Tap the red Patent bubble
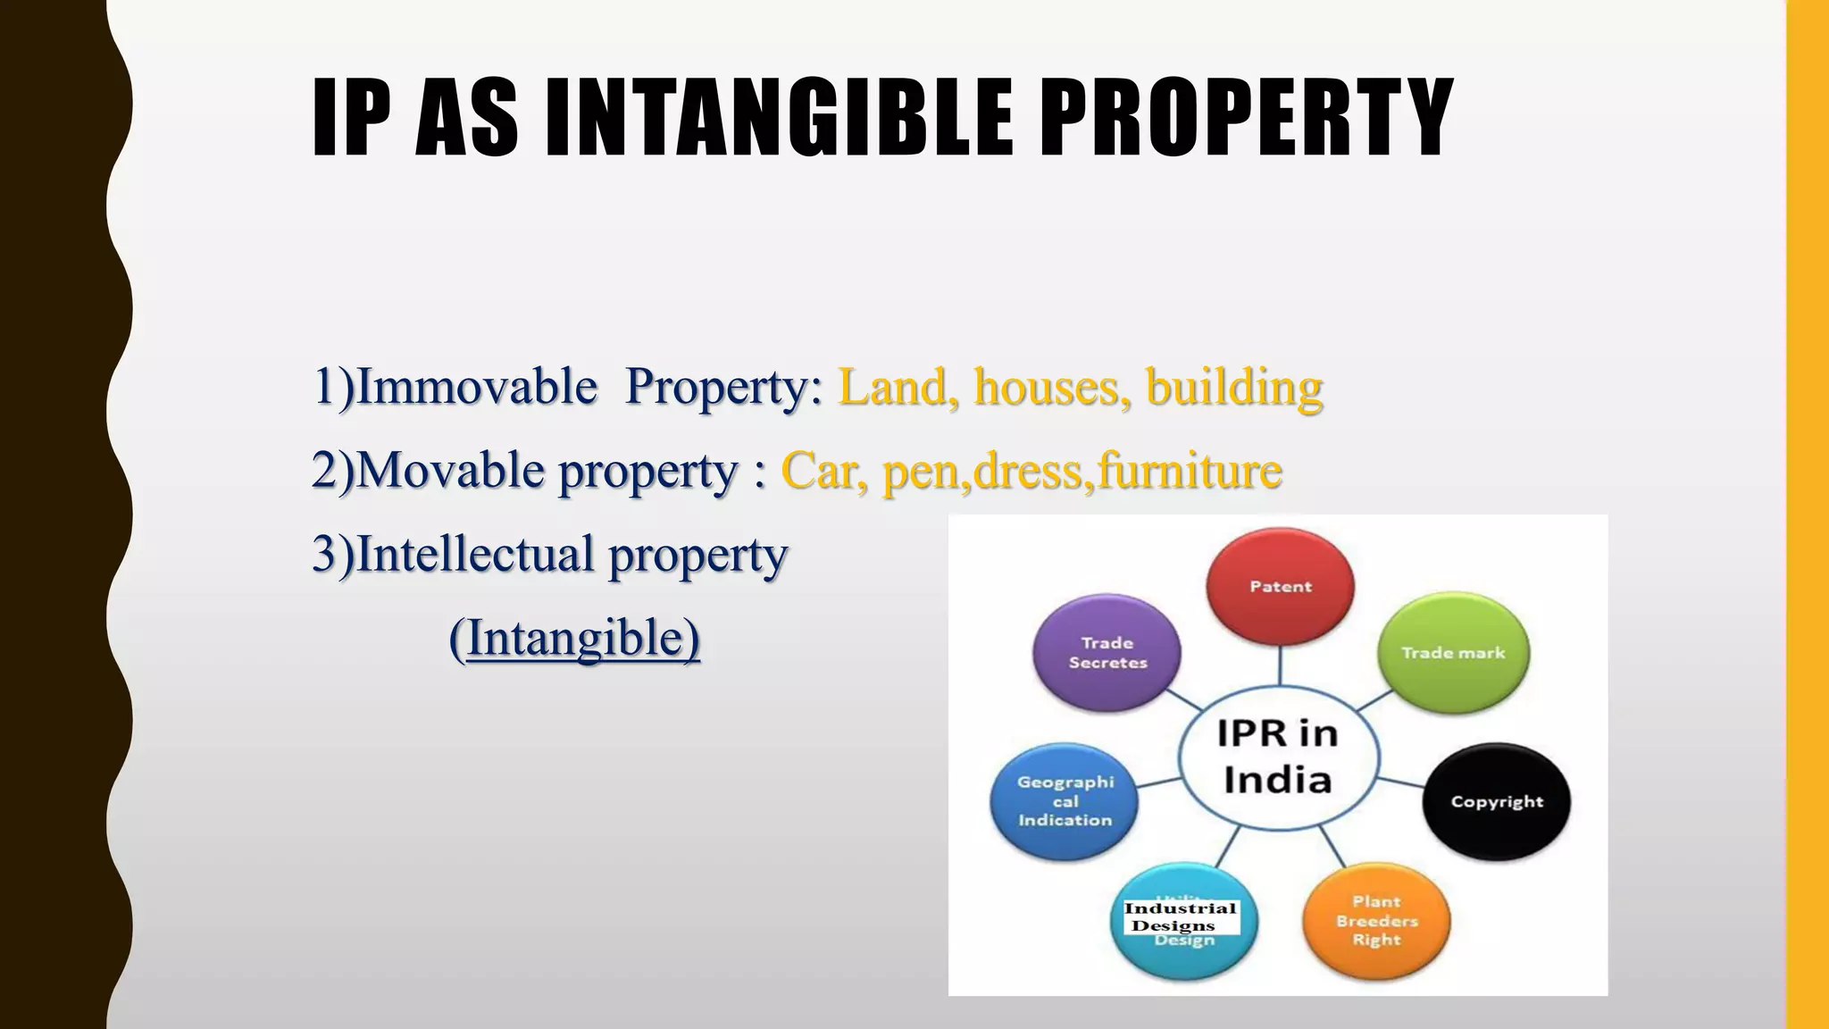point(1280,586)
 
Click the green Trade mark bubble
point(1453,653)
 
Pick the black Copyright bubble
point(1496,801)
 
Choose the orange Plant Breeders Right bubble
point(1376,921)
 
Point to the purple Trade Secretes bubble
point(1107,653)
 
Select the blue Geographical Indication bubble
point(1065,801)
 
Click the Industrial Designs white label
point(1181,917)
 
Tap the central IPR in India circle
point(1278,757)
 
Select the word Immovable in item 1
point(476,388)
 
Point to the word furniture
point(1190,471)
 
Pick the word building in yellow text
point(1234,388)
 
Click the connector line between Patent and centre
point(1280,665)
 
